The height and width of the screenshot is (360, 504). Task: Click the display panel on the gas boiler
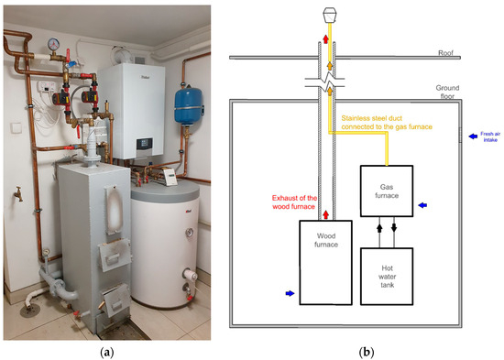tap(147, 144)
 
